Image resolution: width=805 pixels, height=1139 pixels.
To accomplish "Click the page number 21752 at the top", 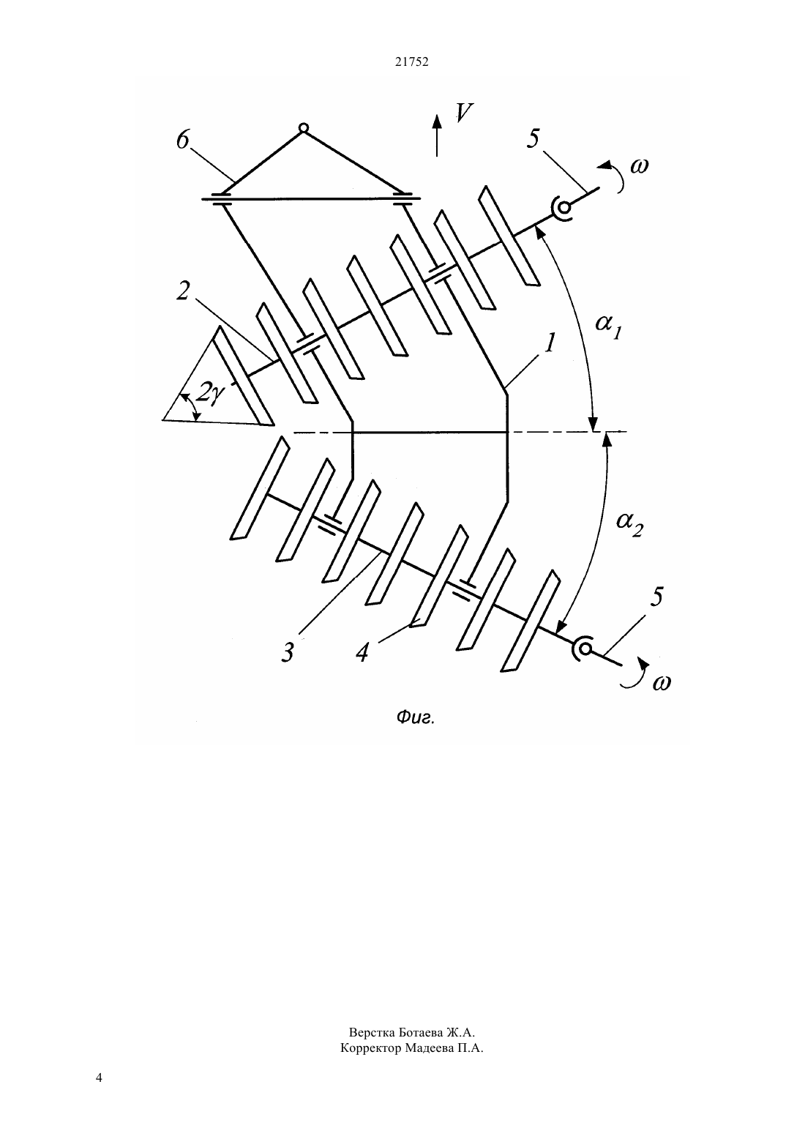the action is [411, 62].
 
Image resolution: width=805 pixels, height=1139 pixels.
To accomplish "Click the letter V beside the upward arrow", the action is [464, 113].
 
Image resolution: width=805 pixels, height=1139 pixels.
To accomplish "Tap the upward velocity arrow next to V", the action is [436, 135].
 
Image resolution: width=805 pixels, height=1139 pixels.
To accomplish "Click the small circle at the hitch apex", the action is [303, 127].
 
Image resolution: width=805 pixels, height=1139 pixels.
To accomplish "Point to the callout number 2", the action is [183, 291].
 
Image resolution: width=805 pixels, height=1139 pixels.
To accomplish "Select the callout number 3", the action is [288, 652].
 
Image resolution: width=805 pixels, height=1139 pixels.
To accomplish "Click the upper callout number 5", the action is [533, 138].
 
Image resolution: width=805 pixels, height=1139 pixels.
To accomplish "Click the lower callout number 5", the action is [656, 597].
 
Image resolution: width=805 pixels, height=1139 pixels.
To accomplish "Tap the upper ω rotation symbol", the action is [640, 166].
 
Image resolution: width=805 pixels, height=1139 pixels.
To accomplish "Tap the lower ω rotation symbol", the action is [662, 683].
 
